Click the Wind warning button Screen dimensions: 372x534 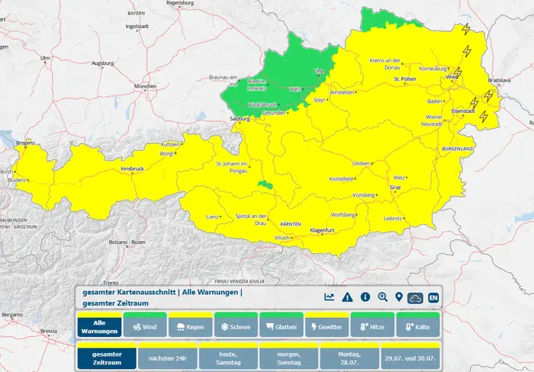pos(144,326)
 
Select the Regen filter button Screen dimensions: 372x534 pos(189,326)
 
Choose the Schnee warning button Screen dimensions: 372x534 pos(235,326)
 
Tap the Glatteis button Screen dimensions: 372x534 pos(281,326)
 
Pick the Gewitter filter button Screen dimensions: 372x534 pos(327,326)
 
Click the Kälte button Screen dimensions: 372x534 pos(417,326)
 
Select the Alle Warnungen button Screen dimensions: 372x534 pos(98,326)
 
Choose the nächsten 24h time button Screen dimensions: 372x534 pos(167,356)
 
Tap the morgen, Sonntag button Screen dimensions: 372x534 pos(288,356)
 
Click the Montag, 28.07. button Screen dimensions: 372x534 pos(348,356)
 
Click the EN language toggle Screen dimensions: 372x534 pos(433,297)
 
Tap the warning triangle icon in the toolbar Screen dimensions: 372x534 pos(347,297)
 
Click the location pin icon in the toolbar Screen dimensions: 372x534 pos(398,297)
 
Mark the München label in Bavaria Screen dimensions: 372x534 pos(144,87)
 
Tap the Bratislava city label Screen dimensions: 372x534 pos(500,79)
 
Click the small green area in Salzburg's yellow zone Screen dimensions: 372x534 pos(265,184)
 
